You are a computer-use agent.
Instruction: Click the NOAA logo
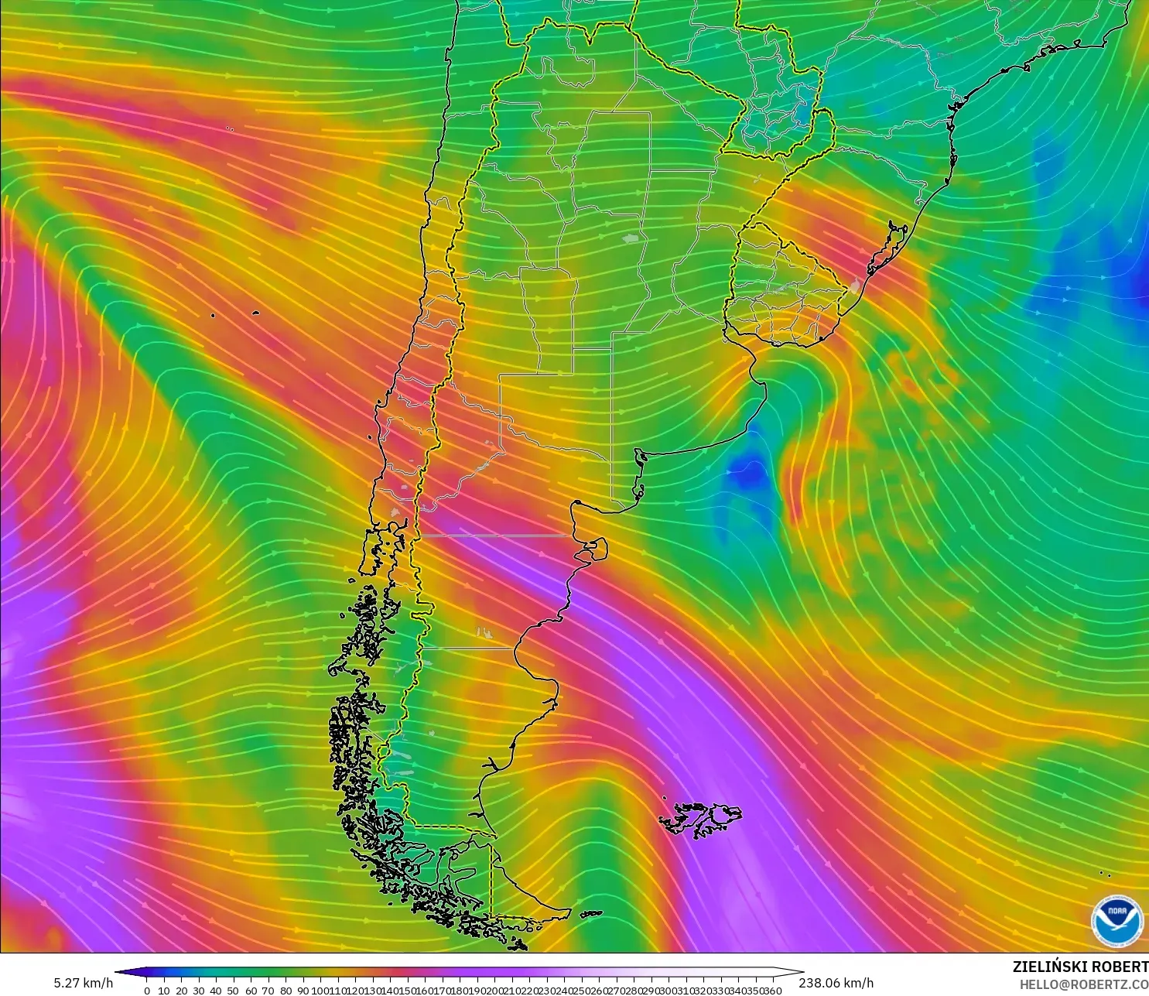coord(1117,920)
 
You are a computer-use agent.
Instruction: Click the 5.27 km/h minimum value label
coord(83,983)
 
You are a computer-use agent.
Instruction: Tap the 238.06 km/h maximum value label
coord(836,983)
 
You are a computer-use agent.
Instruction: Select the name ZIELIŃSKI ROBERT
coord(1080,967)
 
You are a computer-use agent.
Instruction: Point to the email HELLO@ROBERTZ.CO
coord(1083,984)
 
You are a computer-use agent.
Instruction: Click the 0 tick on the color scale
coord(147,990)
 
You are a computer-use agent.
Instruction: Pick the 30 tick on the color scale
coord(199,990)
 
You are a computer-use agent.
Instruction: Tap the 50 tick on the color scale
coord(233,990)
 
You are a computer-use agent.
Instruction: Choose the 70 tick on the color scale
coord(268,990)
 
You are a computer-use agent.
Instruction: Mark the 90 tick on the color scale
coord(303,990)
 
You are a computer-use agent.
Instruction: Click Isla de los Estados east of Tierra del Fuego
coord(590,914)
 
